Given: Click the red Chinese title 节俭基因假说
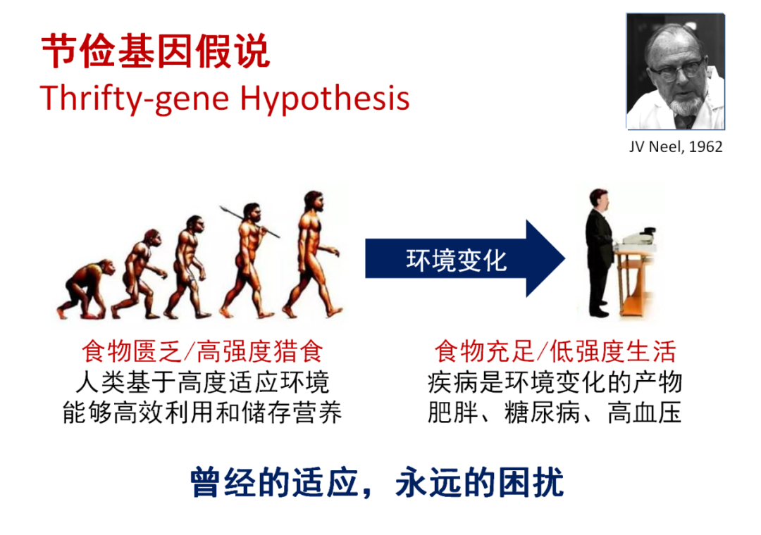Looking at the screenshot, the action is coord(155,51).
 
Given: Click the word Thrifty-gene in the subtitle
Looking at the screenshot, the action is coord(135,99).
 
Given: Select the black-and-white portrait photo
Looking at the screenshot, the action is coord(676,71).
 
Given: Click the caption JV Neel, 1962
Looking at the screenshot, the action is coord(676,146).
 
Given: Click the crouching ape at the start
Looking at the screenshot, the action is coord(85,289).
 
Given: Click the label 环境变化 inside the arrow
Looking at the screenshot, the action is coord(456,260).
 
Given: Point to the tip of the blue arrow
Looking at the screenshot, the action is coord(565,258).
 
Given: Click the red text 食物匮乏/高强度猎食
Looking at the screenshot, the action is coord(202,351).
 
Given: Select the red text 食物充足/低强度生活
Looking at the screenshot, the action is coord(555,351).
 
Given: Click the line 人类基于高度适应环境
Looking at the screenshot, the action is coord(202,382).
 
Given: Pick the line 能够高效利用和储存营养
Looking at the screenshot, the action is coord(202,413).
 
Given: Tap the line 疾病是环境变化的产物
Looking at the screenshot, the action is coord(555,382).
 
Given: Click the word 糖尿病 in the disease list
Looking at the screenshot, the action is coord(542,413).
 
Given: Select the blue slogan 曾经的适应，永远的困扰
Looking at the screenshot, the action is coord(377,483).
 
